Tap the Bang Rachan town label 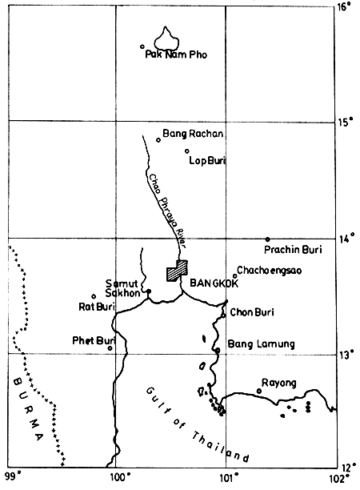[193, 134]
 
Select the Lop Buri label [207, 160]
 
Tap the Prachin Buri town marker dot [267, 239]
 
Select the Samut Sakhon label [122, 288]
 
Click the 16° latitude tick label [345, 7]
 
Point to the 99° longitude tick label [10, 480]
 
